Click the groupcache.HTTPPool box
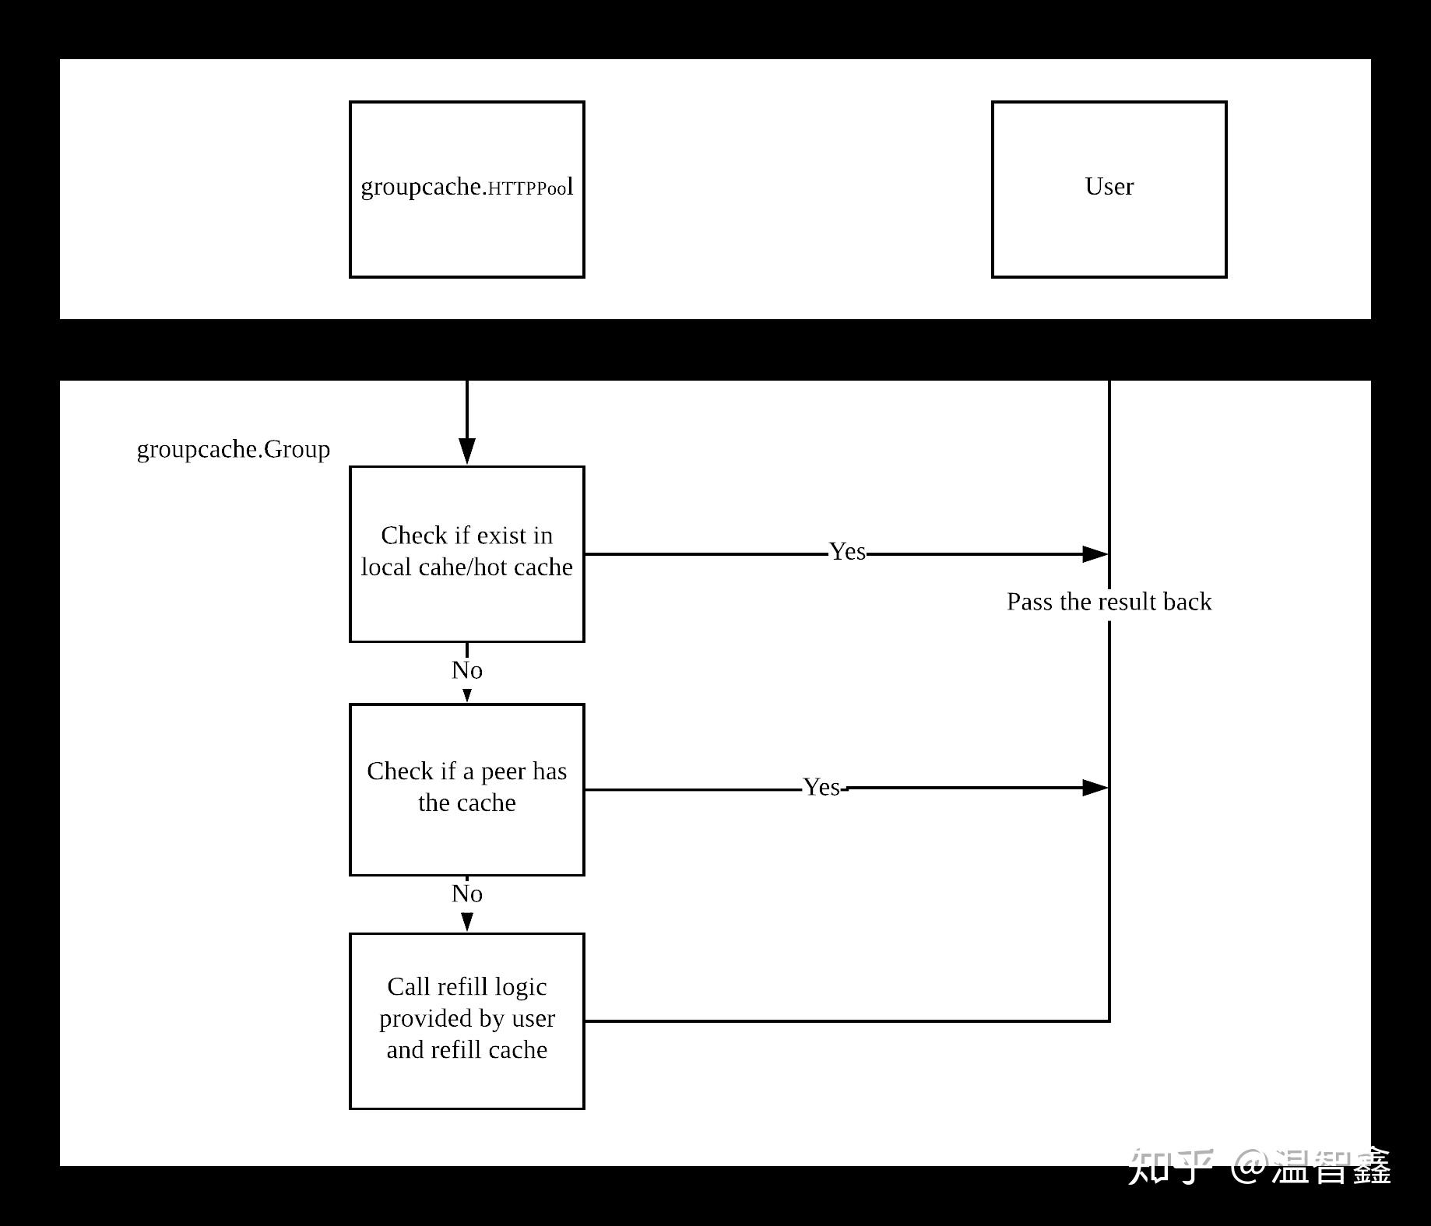[x=466, y=189]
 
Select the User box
[x=1109, y=189]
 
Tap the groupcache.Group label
[x=233, y=449]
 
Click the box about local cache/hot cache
[x=466, y=553]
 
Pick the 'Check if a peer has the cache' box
[x=466, y=789]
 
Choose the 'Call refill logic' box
[x=466, y=1020]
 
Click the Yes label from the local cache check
[x=847, y=552]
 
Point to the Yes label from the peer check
[x=822, y=788]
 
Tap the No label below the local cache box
[x=466, y=670]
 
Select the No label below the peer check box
[x=466, y=894]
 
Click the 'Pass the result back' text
[x=1109, y=602]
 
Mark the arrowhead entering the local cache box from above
[x=466, y=451]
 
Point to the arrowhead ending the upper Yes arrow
[x=1095, y=554]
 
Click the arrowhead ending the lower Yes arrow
[x=1095, y=788]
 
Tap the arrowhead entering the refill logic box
[x=466, y=922]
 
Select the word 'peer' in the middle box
[x=503, y=771]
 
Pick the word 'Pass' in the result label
[x=1029, y=602]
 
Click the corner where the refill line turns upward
[x=1109, y=1020]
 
